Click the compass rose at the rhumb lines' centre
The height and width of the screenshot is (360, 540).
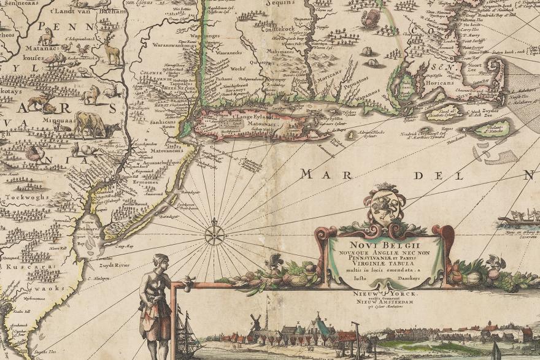pos(214,232)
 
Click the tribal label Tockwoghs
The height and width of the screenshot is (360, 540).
pos(22,198)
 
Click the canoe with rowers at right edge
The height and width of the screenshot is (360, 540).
pos(519,218)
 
